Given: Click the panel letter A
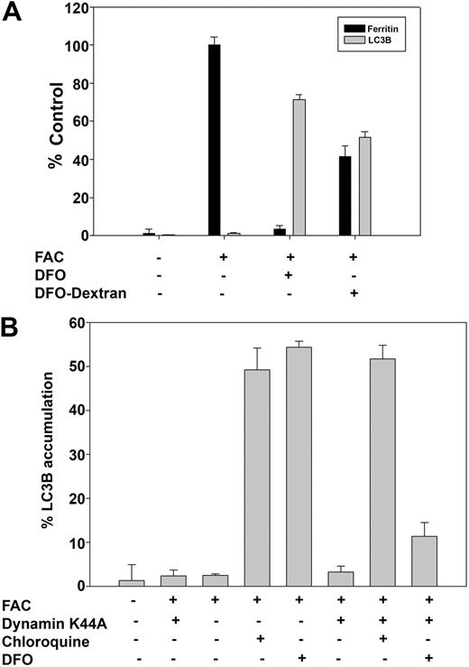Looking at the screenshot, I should (14, 15).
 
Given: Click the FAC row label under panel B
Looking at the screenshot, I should (17, 602).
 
